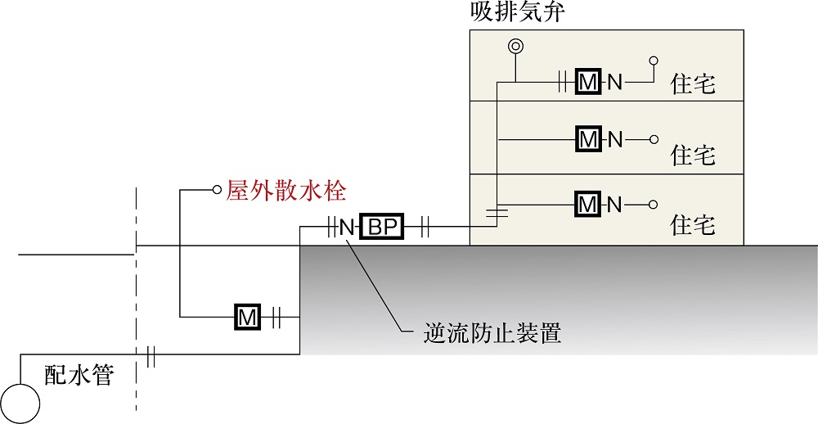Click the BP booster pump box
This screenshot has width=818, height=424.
[382, 228]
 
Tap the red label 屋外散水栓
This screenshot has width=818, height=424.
[285, 191]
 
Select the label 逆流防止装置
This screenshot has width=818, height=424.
[492, 332]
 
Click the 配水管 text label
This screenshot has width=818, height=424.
[79, 375]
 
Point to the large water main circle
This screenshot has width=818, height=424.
[20, 403]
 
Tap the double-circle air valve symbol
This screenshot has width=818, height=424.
[515, 47]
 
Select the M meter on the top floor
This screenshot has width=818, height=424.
[588, 82]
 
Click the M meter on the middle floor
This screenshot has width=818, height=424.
[588, 139]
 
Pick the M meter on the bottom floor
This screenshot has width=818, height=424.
[588, 205]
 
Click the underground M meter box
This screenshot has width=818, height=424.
[247, 317]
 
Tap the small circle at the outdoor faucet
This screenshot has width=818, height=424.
[217, 190]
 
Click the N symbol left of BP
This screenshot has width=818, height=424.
[347, 228]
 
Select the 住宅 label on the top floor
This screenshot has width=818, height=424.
[693, 84]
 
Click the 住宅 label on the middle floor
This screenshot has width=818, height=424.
[693, 155]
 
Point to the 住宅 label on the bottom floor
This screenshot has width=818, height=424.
[693, 226]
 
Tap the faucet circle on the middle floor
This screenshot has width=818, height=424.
[654, 139]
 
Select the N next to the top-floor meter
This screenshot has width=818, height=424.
[615, 83]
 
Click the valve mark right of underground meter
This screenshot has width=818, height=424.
[276, 317]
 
